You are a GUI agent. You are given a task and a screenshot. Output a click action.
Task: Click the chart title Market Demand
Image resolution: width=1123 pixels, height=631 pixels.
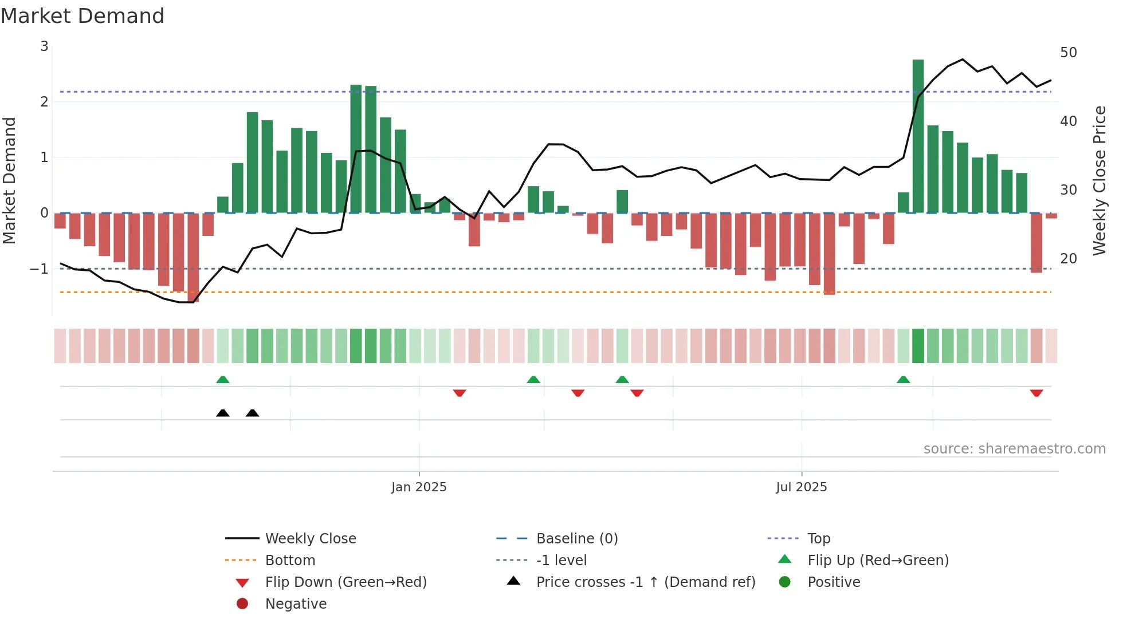(x=83, y=16)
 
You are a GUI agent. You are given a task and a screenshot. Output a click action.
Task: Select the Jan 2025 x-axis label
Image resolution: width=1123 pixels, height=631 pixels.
(x=419, y=487)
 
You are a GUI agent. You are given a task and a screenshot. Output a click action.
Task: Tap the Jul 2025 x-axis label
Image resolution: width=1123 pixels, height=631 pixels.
(x=801, y=487)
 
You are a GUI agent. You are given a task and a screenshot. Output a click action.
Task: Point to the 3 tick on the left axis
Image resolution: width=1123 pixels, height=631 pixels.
(x=44, y=46)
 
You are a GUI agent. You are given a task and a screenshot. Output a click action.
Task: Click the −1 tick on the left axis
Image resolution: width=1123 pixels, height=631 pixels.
(x=40, y=269)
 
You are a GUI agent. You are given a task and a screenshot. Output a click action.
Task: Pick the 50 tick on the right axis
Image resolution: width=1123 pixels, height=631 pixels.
(x=1068, y=53)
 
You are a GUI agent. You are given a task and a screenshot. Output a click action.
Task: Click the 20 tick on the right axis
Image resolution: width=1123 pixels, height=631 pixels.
(x=1068, y=258)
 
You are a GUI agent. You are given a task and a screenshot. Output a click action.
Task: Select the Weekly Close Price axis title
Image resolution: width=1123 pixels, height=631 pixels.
(x=1099, y=180)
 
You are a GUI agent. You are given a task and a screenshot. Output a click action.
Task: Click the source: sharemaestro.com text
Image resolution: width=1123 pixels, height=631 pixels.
(x=1014, y=448)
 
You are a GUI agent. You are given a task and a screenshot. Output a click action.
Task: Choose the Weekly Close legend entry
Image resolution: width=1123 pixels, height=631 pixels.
(x=310, y=538)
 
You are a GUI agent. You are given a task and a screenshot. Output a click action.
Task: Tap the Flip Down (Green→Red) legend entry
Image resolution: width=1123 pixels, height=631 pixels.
(x=345, y=582)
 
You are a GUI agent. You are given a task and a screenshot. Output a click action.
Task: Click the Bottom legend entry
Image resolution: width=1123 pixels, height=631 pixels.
(x=290, y=560)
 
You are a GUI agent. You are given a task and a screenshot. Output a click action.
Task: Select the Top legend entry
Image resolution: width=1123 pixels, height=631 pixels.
(x=818, y=538)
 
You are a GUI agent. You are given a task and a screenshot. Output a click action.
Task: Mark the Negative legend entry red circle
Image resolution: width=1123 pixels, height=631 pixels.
(x=242, y=604)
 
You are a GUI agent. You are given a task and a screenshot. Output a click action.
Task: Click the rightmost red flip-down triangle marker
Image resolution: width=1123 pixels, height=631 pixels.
(x=1036, y=393)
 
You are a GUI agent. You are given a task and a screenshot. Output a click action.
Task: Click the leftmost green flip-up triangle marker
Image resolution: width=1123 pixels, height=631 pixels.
(x=223, y=380)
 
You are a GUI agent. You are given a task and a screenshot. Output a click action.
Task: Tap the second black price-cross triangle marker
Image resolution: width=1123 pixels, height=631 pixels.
(x=252, y=413)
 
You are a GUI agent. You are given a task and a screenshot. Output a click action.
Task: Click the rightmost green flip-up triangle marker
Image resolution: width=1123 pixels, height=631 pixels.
(x=903, y=380)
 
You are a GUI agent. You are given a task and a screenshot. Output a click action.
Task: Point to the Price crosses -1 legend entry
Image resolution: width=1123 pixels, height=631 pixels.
(x=645, y=582)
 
